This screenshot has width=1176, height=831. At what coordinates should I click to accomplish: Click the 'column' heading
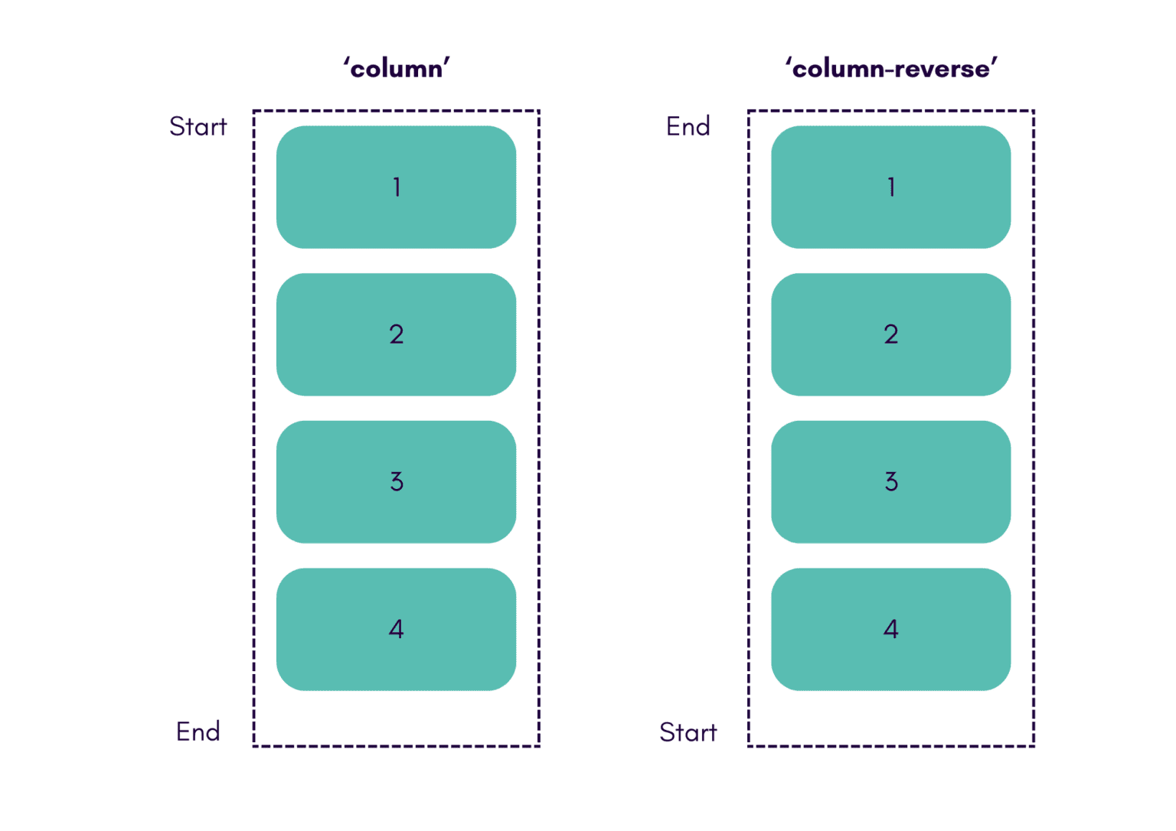(396, 69)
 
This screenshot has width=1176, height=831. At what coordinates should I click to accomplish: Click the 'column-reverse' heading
(890, 69)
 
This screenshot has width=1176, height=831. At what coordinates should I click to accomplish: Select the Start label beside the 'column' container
(198, 126)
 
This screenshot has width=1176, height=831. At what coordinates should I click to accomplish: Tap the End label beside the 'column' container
(198, 732)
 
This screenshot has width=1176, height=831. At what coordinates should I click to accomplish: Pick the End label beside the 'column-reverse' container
(688, 126)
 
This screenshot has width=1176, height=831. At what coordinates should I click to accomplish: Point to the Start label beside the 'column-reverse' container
(688, 732)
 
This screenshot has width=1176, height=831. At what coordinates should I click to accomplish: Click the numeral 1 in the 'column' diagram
(397, 187)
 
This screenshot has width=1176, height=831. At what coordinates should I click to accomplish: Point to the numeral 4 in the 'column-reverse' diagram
(890, 629)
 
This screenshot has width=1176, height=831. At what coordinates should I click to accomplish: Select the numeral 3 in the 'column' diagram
(397, 481)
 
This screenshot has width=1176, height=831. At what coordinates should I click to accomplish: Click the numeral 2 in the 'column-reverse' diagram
(890, 334)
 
